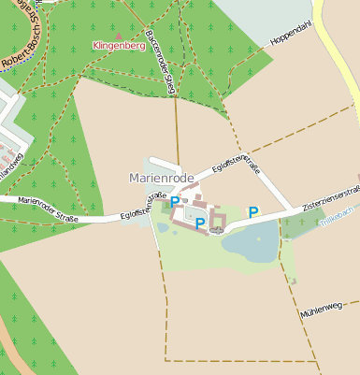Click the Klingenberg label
pyautogui.click(x=120, y=45)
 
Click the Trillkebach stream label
pyautogui.click(x=338, y=217)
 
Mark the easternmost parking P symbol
pyautogui.click(x=252, y=212)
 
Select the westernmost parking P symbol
pyautogui.click(x=175, y=201)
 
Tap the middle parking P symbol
pyautogui.click(x=199, y=223)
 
